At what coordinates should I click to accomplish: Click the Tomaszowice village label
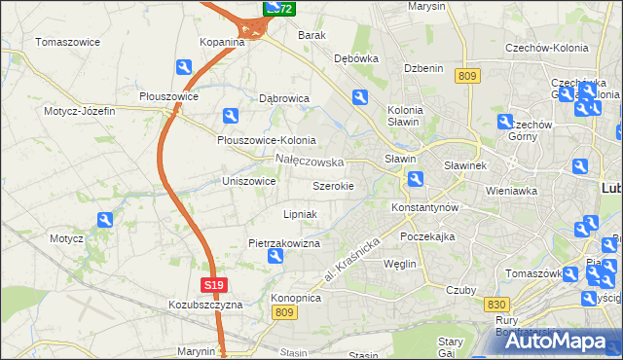[69, 42]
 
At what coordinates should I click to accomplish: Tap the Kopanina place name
[222, 42]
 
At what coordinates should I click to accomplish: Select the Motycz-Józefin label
[79, 111]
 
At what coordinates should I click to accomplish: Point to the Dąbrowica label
[283, 98]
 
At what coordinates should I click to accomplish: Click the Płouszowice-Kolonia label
[266, 139]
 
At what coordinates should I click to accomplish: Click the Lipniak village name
[299, 213]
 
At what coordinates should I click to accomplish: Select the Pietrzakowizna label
[284, 243]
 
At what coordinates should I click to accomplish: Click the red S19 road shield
[216, 285]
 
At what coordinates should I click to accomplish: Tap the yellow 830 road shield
[495, 305]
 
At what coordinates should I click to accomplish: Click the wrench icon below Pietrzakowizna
[275, 257]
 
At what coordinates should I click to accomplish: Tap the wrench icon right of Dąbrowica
[359, 96]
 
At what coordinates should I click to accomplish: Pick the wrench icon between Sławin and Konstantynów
[416, 178]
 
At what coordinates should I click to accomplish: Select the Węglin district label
[400, 264]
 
